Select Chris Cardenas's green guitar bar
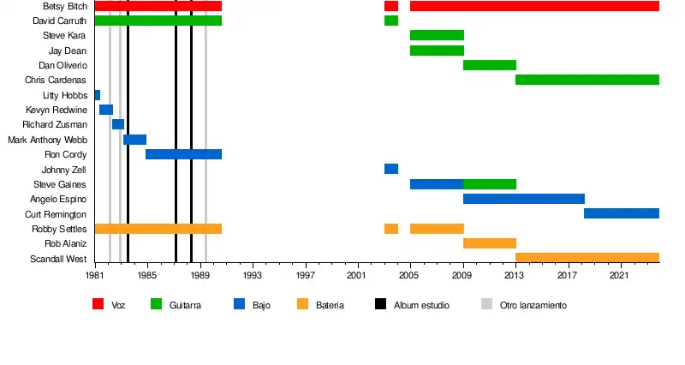pyautogui.click(x=587, y=80)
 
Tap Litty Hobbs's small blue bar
pyautogui.click(x=97, y=95)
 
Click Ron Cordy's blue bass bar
pyautogui.click(x=183, y=154)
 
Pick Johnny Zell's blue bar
pyautogui.click(x=390, y=169)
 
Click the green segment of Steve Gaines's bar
pyautogui.click(x=489, y=184)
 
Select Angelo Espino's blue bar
pyautogui.click(x=523, y=199)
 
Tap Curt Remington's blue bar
pyautogui.click(x=621, y=213)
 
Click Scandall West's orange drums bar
pyautogui.click(x=587, y=257)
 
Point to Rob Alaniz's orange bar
pyautogui.click(x=489, y=243)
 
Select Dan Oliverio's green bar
pyautogui.click(x=489, y=65)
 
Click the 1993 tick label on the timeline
pyautogui.click(x=252, y=275)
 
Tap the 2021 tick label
pyautogui.click(x=619, y=275)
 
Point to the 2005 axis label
pyautogui.click(x=409, y=275)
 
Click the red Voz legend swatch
pyautogui.click(x=98, y=304)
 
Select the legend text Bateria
pyautogui.click(x=330, y=305)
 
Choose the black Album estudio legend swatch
pyautogui.click(x=380, y=304)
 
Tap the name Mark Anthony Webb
pyautogui.click(x=47, y=140)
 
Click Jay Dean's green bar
pyautogui.click(x=437, y=51)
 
